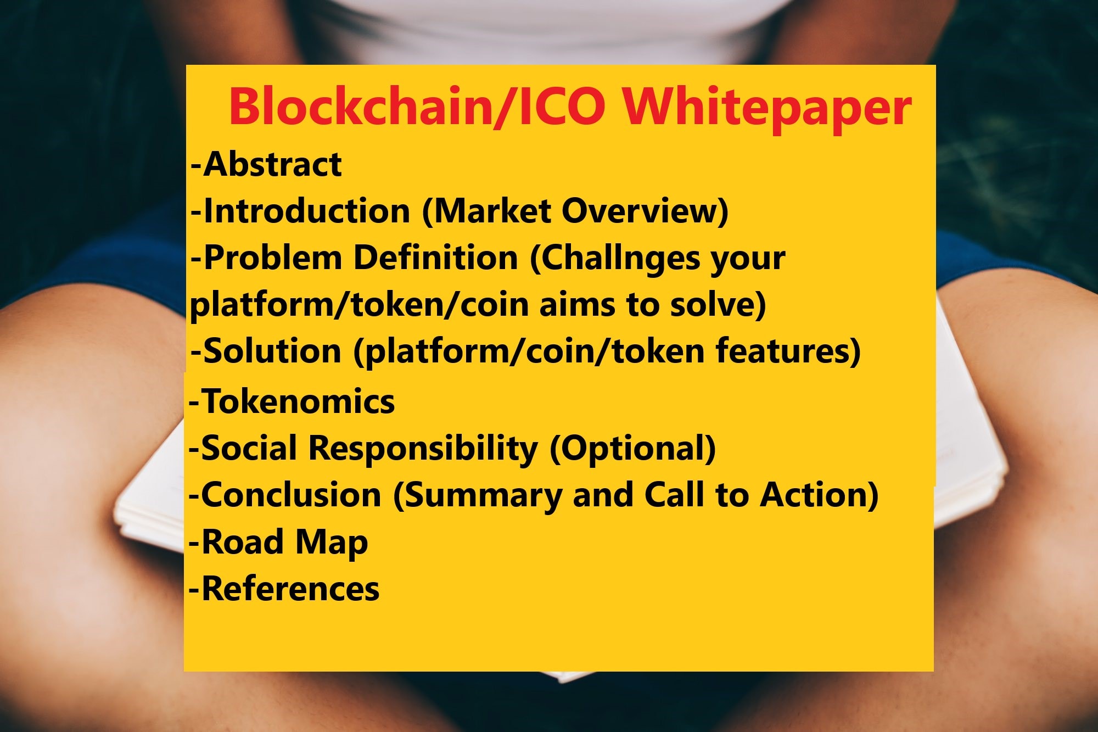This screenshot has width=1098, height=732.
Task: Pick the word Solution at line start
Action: (272, 351)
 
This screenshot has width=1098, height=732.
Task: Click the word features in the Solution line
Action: (782, 351)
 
